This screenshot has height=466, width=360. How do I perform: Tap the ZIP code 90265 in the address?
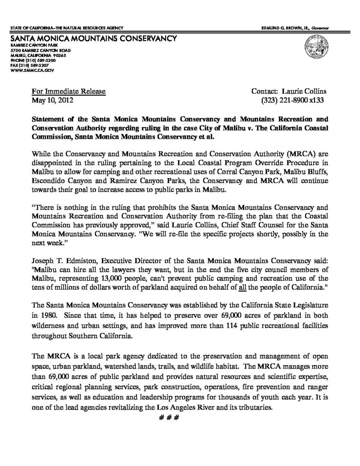pyautogui.click(x=59, y=55)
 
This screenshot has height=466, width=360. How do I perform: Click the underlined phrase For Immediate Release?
pyautogui.click(x=68, y=91)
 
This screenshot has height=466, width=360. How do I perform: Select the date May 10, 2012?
pyautogui.click(x=51, y=99)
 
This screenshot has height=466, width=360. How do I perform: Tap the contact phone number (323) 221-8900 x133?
pyautogui.click(x=292, y=99)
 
